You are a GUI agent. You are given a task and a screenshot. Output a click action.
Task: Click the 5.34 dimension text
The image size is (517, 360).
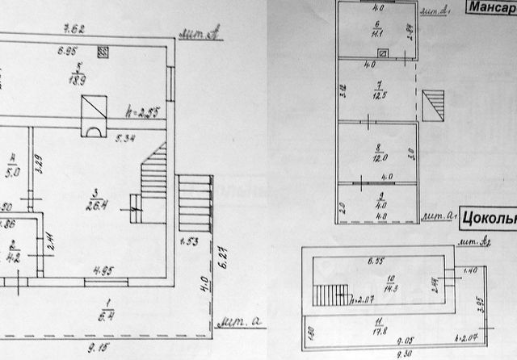point(126,139)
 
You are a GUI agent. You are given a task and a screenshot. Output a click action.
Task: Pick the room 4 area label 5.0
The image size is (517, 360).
point(12,170)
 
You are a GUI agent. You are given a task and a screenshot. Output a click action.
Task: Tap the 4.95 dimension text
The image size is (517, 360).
point(103,270)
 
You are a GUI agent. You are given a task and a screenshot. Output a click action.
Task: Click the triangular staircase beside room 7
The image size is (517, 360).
point(433,103)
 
